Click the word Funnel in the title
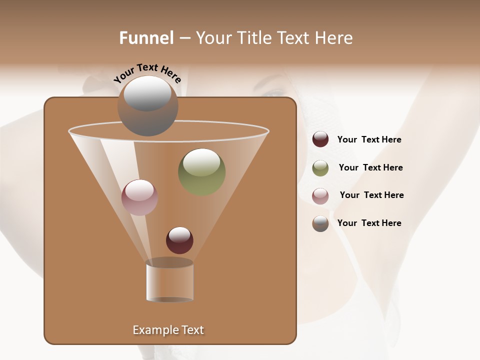(146, 38)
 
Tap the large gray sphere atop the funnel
(147, 106)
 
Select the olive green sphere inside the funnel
(201, 172)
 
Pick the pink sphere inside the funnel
(139, 197)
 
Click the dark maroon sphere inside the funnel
(179, 240)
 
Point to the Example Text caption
(168, 330)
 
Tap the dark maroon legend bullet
(320, 139)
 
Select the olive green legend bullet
(320, 168)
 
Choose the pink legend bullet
(320, 196)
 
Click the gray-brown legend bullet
(320, 223)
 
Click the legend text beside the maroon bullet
(369, 140)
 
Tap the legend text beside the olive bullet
(370, 168)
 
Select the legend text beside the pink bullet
(371, 195)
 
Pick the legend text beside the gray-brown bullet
(369, 223)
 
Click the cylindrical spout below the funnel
(169, 281)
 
